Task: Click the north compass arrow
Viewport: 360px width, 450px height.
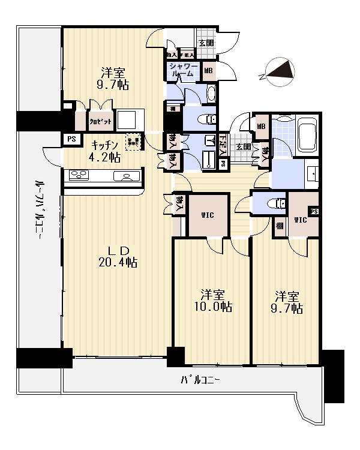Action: pos(279,70)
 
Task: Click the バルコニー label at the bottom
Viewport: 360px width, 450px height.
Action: pos(201,380)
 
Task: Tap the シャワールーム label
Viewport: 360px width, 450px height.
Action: pos(182,70)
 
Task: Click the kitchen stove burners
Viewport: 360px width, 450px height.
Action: pos(79,175)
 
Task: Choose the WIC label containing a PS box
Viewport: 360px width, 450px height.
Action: pos(301,220)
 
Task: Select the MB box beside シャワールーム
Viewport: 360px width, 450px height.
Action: pos(208,70)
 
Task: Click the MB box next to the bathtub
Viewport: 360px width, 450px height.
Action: pos(261,126)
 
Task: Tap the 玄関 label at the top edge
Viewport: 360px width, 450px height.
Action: pos(206,43)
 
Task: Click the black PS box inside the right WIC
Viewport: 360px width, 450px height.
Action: pos(314,210)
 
